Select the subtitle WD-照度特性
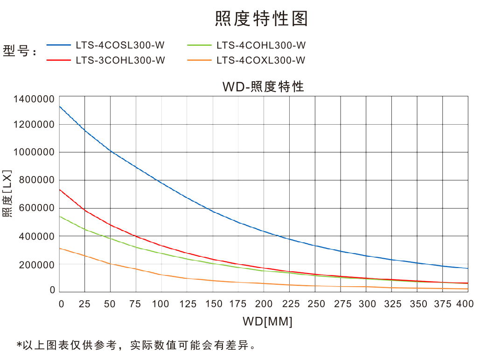click(263, 86)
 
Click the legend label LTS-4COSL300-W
click(120, 45)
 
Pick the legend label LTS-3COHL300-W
click(120, 60)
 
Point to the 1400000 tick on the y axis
click(34, 99)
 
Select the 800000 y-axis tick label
click(36, 180)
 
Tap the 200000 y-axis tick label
click(36, 264)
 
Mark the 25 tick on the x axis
click(84, 304)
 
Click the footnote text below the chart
click(136, 346)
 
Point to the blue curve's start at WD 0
click(60, 106)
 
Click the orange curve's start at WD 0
click(60, 248)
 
